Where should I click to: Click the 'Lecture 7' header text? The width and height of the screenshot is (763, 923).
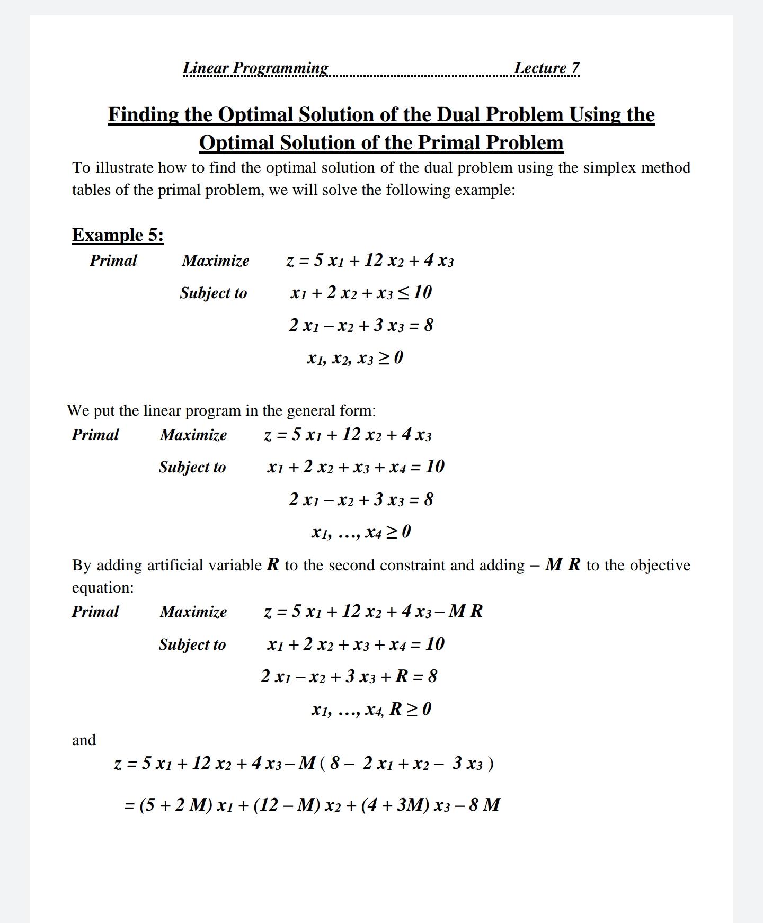click(x=546, y=68)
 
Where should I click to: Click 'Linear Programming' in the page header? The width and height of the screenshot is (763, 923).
click(x=255, y=68)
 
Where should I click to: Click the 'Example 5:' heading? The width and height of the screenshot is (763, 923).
click(x=118, y=235)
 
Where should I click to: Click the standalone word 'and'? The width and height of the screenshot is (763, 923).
click(x=84, y=740)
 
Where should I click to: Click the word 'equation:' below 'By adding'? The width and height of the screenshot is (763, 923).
click(x=103, y=588)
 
